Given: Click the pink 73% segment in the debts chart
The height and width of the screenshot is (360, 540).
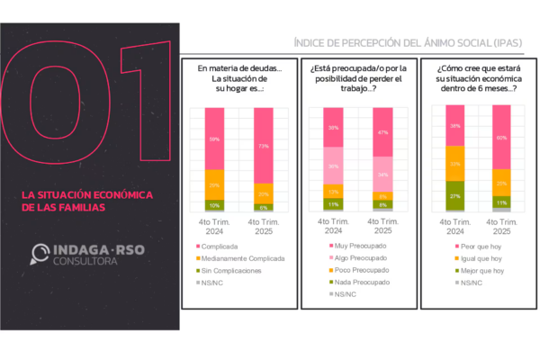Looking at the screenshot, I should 264,145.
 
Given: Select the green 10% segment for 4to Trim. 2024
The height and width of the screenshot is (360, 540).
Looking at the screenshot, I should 214,205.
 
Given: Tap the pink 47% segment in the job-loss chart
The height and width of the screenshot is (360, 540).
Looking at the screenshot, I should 382,132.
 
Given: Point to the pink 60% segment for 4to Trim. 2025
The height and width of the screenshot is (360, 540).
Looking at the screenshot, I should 501,138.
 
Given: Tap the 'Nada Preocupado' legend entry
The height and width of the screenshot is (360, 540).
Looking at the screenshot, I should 355,282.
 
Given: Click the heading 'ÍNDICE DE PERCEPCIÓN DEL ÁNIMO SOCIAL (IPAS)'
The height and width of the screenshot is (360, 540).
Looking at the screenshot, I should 409,44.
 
